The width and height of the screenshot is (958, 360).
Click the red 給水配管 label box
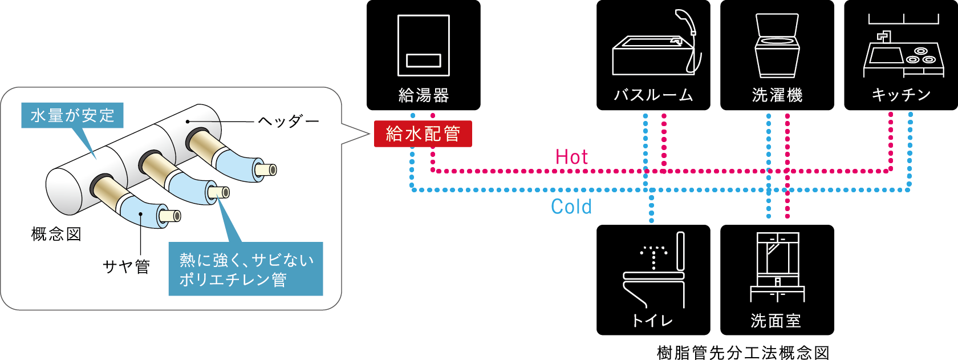[x=423, y=134]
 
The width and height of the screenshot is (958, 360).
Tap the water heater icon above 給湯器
[x=423, y=45]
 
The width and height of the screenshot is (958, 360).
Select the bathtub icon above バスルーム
[x=653, y=56]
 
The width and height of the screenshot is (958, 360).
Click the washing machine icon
[x=777, y=46]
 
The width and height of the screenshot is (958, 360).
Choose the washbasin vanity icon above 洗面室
[x=777, y=266]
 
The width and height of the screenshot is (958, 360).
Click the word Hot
[x=571, y=157]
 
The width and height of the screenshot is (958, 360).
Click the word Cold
[x=571, y=207]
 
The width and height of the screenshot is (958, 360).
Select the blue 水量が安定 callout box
[x=72, y=115]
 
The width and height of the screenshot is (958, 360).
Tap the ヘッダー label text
[x=288, y=121]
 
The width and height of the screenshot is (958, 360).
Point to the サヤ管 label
[x=126, y=266]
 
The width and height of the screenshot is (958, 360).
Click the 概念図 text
[x=56, y=234]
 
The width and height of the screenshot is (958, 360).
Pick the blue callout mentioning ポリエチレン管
[x=246, y=269]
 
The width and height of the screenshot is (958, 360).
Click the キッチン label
[x=901, y=95]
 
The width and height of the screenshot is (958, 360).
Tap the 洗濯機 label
[x=777, y=95]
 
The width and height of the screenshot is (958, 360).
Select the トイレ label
[x=653, y=321]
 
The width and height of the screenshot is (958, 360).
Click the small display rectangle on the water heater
[x=423, y=60]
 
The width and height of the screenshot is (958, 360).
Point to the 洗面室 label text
[x=776, y=321]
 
